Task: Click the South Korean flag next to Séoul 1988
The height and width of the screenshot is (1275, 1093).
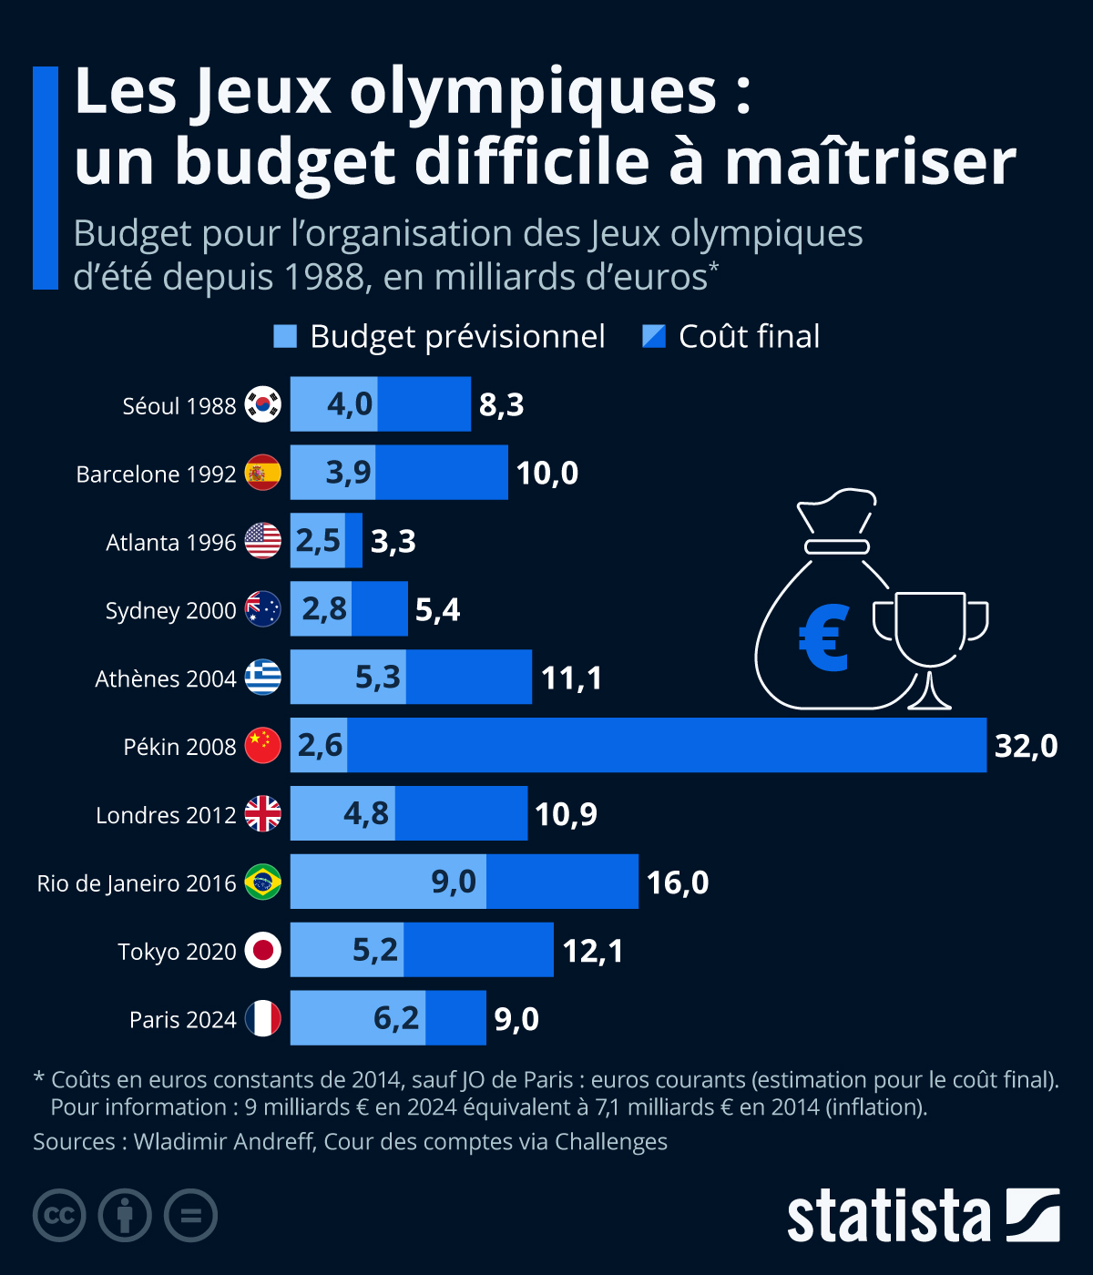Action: (262, 404)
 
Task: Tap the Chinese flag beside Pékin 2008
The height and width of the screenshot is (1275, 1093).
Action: (262, 746)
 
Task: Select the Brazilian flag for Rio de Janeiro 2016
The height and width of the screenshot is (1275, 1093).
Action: (262, 882)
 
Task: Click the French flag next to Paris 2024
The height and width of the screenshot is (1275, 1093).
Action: (262, 1019)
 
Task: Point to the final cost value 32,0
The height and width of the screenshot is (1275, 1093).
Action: (1026, 746)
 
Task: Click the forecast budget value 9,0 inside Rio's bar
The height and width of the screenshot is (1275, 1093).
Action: (454, 882)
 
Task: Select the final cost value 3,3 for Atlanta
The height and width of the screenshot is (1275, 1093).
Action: (393, 541)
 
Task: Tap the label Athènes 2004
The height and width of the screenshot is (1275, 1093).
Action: (165, 678)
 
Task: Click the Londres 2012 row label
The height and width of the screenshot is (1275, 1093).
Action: (166, 815)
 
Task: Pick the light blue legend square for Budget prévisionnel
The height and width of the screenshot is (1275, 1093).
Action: (285, 336)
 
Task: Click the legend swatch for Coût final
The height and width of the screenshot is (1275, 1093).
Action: (654, 336)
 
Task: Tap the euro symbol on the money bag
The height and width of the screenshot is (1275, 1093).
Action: (824, 638)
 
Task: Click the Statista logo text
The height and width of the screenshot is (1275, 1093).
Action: (888, 1216)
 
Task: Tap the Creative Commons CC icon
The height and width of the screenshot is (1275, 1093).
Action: (59, 1216)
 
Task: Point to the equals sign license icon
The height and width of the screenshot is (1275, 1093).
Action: (190, 1216)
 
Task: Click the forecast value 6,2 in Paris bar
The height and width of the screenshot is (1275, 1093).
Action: (396, 1018)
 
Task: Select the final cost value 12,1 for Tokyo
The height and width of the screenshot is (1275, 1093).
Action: (593, 951)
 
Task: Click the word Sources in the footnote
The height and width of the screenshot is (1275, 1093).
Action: (74, 1142)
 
